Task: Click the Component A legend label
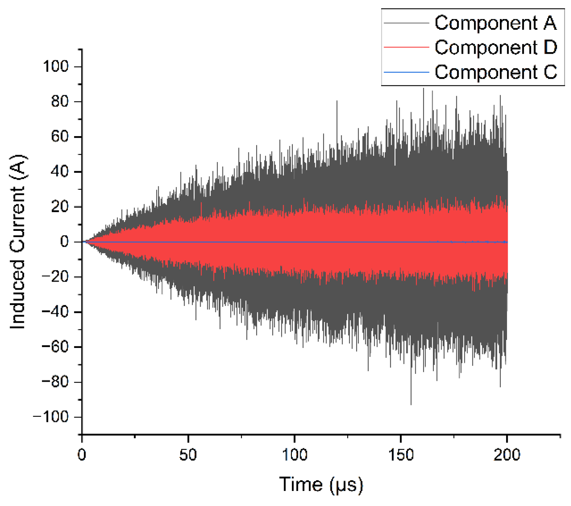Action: (x=495, y=23)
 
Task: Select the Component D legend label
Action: (x=496, y=48)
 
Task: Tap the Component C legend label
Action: (x=496, y=72)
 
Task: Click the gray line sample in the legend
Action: (x=406, y=23)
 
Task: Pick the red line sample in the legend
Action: (x=406, y=48)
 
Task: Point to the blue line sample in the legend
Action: (x=406, y=72)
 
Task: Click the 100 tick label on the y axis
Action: (x=56, y=67)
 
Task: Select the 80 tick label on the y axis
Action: (x=60, y=102)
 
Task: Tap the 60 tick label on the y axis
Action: (x=60, y=136)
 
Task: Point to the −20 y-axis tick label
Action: (x=55, y=277)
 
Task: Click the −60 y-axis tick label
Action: (x=55, y=347)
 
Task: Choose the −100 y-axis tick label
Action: (x=51, y=417)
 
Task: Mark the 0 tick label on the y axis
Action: (x=64, y=242)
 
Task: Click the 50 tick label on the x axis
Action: (x=188, y=455)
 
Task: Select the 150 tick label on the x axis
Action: (x=400, y=455)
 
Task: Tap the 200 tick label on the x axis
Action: (x=507, y=455)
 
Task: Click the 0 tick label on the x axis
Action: (x=82, y=455)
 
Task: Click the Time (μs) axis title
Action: (x=321, y=485)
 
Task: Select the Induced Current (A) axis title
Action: (x=18, y=242)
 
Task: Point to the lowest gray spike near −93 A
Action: (x=411, y=403)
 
